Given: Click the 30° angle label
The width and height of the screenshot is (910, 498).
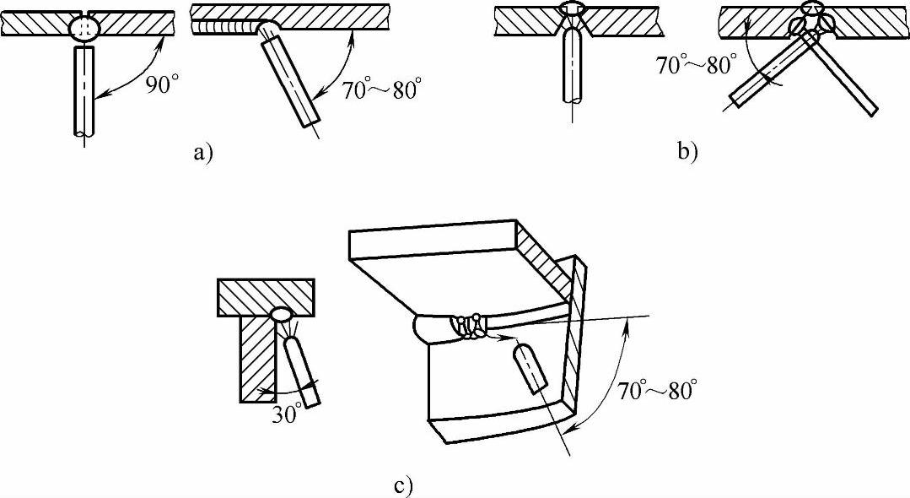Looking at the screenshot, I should coord(286,416).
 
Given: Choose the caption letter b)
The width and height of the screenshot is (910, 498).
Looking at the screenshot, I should coord(687,152).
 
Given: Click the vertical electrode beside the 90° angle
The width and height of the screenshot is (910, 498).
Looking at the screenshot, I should coord(84,92).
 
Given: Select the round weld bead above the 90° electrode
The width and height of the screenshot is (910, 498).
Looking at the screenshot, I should coord(84,27).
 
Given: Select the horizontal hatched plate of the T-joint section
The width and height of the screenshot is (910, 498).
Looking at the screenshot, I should coord(265,295).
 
